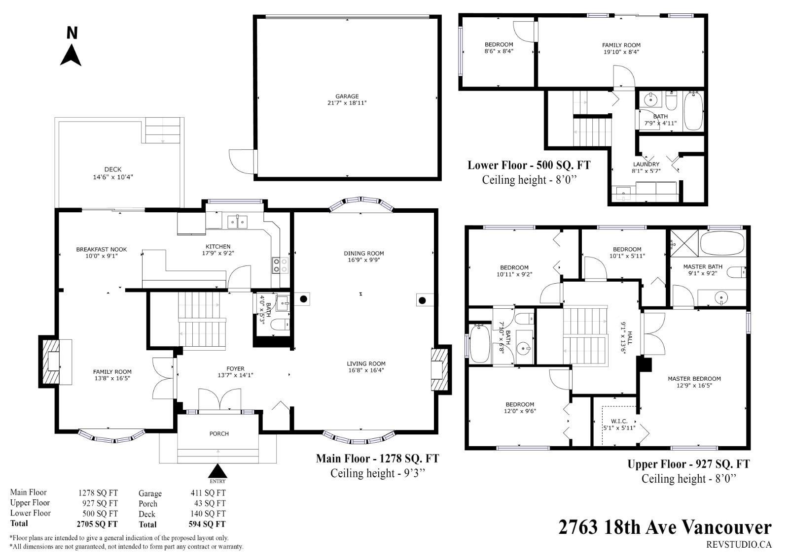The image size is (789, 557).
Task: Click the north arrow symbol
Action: [x=71, y=55]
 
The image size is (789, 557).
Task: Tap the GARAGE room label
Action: [x=347, y=96]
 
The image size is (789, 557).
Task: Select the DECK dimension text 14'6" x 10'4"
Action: [x=113, y=177]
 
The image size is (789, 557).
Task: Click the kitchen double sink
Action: [x=237, y=222]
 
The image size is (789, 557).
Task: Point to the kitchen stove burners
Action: [x=280, y=265]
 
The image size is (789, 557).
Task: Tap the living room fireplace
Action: [x=441, y=369]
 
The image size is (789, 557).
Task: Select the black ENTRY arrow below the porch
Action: [x=217, y=470]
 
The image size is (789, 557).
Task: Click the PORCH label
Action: [x=219, y=434]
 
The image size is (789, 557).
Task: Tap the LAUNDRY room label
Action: [x=646, y=164]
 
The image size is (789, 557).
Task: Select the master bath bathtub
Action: [x=722, y=243]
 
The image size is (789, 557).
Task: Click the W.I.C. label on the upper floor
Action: [x=619, y=421]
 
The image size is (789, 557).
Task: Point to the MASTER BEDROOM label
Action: [x=694, y=379]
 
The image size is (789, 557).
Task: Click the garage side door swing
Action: [x=242, y=162]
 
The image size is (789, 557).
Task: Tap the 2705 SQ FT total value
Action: [x=97, y=524]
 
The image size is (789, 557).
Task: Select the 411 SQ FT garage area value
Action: [x=208, y=493]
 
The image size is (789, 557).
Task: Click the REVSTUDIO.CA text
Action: [x=739, y=544]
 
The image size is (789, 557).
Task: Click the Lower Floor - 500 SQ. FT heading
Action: [x=529, y=165]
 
